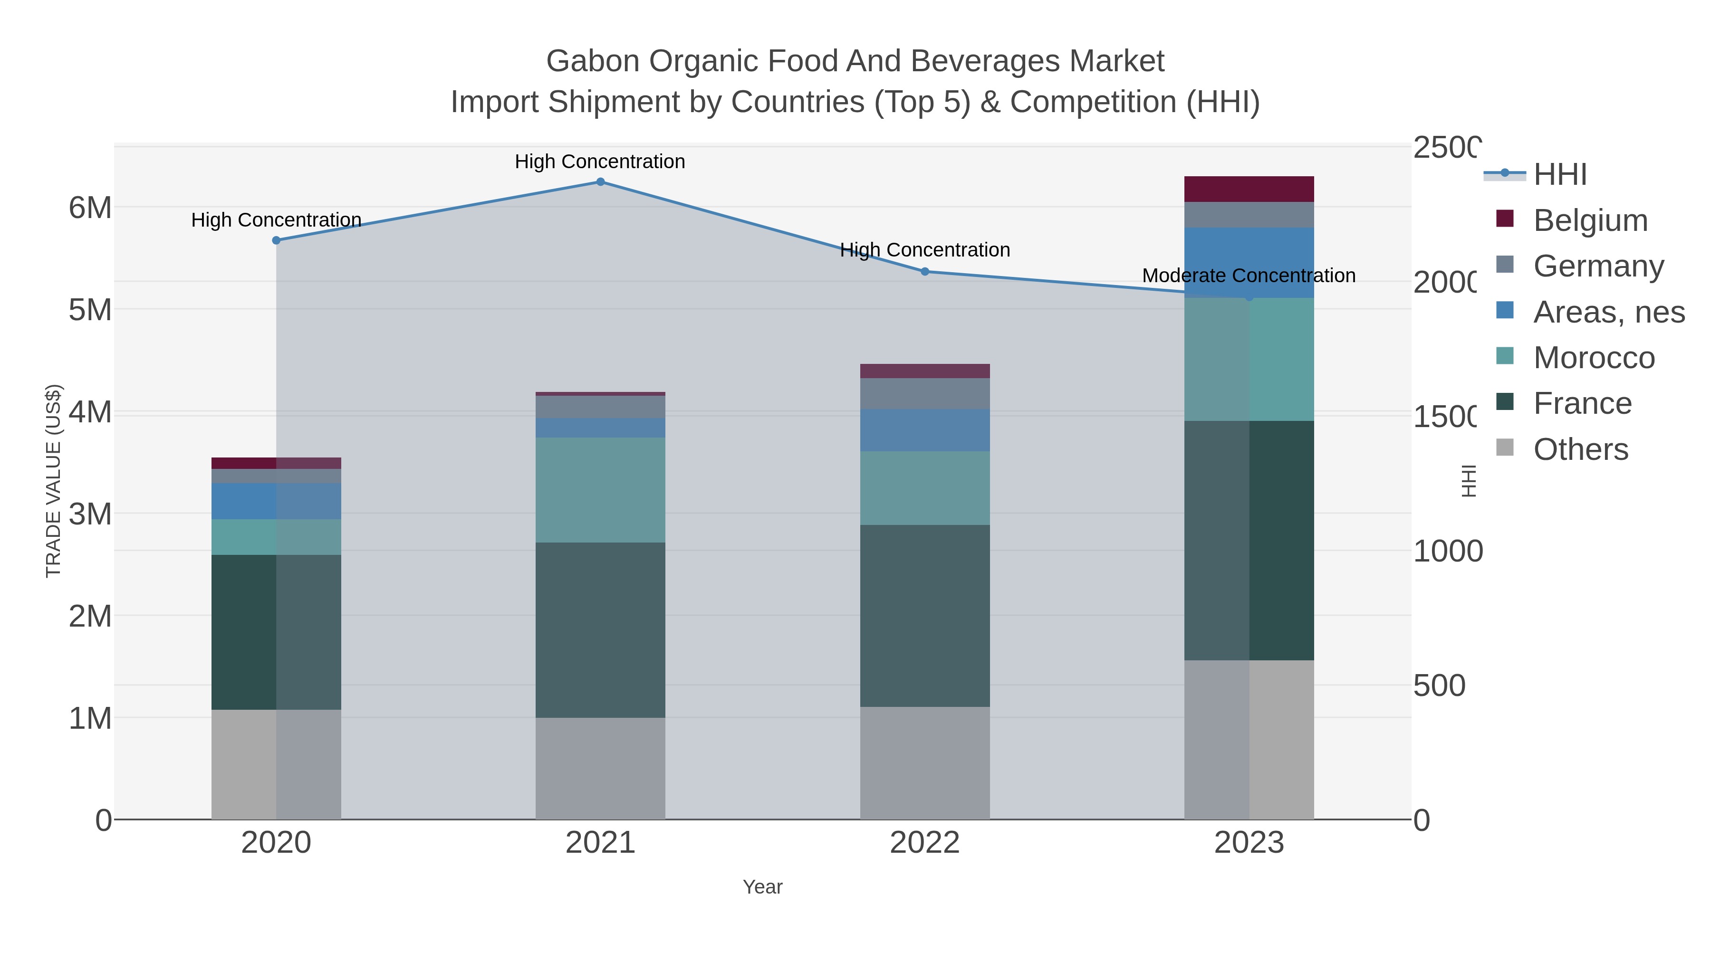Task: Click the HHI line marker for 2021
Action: (600, 182)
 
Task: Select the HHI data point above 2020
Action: (276, 240)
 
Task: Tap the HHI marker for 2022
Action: (924, 272)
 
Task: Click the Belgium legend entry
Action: (1590, 220)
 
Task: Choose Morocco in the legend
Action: (1594, 358)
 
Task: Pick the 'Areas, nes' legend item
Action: (1608, 312)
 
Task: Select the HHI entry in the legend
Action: (1559, 175)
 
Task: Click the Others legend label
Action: (1580, 449)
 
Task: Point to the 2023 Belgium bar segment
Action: (1249, 189)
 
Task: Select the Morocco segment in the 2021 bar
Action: (600, 490)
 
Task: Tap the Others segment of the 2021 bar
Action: (600, 768)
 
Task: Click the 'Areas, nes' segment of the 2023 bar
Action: (1249, 262)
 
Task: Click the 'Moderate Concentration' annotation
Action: (1248, 276)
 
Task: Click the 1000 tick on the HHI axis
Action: (1447, 552)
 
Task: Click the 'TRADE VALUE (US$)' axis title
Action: (53, 481)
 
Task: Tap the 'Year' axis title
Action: (762, 887)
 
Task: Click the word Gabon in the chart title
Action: (593, 61)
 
